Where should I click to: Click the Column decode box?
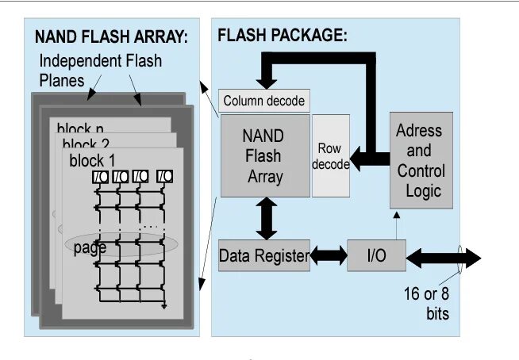(263, 101)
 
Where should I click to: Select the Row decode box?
(330, 155)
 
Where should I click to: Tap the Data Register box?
(263, 255)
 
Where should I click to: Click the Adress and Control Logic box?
(421, 160)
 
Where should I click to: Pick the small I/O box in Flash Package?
(376, 255)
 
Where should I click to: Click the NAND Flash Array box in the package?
(264, 155)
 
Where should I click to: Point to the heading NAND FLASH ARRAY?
(110, 36)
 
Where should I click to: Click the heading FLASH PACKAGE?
(282, 36)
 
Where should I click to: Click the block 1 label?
(92, 160)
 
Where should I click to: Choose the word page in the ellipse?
(90, 248)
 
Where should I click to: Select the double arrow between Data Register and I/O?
(329, 255)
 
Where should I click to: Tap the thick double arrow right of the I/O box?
(444, 257)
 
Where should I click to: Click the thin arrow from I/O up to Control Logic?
(394, 224)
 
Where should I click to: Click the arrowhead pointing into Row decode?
(356, 159)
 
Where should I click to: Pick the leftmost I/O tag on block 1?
(100, 176)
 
